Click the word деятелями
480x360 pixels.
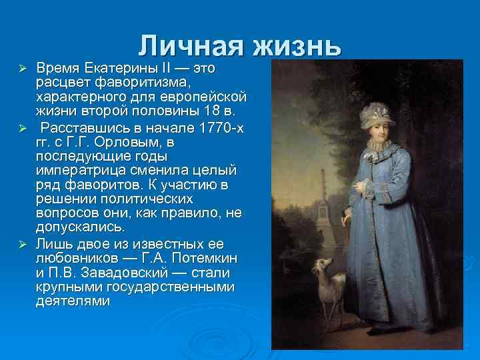coord(74,301)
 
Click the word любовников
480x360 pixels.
coord(83,258)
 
